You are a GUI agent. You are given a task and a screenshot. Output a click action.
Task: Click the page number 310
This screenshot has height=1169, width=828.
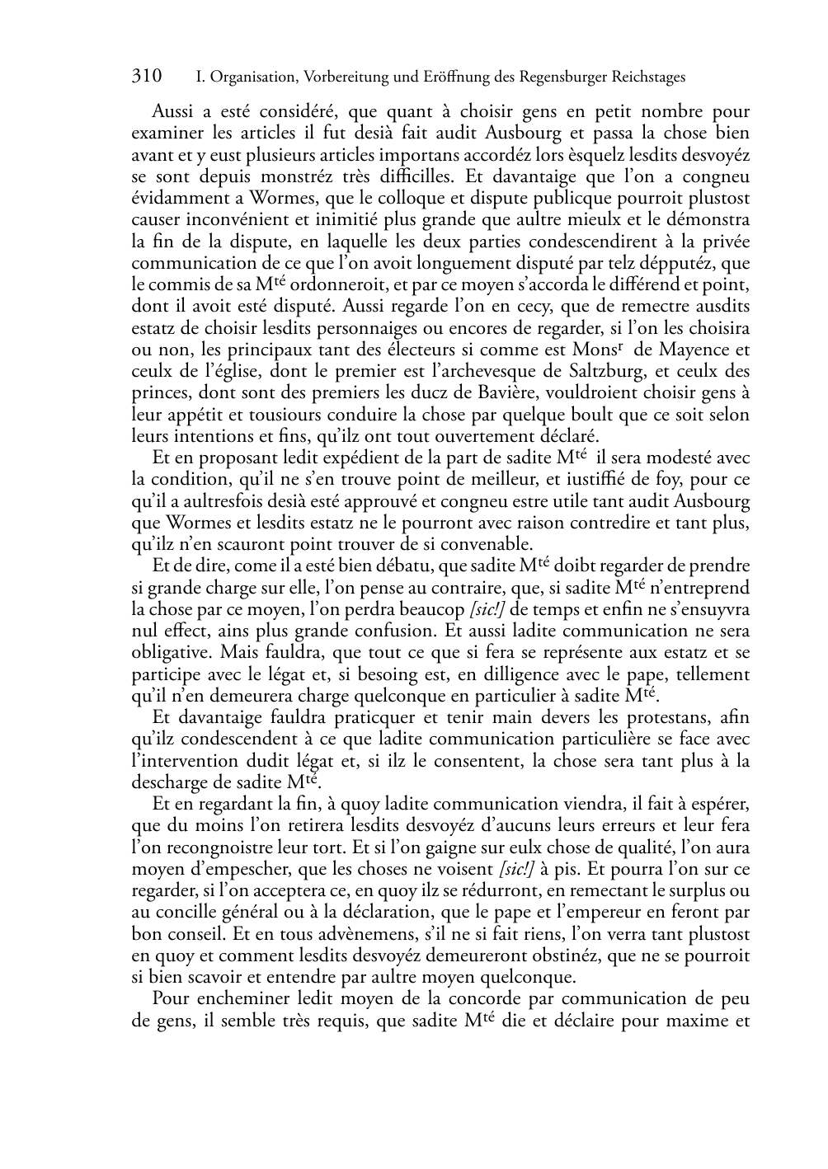point(147,77)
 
